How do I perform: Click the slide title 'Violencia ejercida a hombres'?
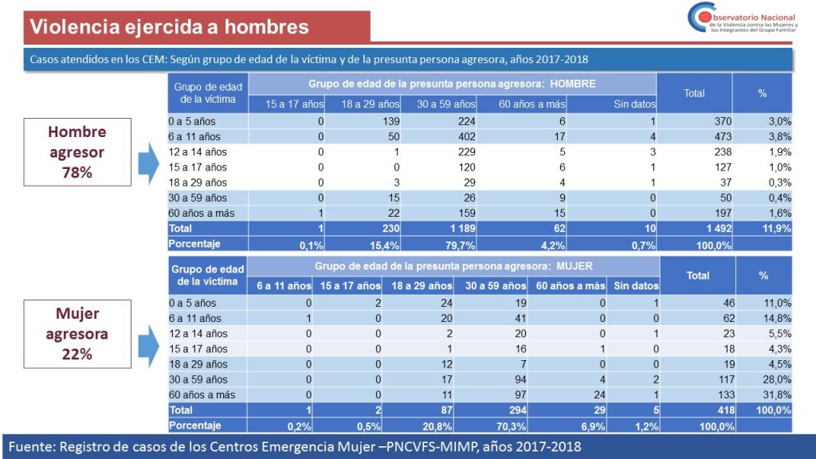click(169, 26)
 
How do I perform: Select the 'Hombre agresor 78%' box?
click(76, 152)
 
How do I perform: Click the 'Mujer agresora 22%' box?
click(76, 334)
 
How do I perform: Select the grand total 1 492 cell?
click(687, 228)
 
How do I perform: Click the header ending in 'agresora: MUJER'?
click(453, 266)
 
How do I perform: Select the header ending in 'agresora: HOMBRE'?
click(452, 84)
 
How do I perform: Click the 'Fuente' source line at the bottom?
click(293, 445)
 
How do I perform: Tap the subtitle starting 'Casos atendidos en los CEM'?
click(308, 60)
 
